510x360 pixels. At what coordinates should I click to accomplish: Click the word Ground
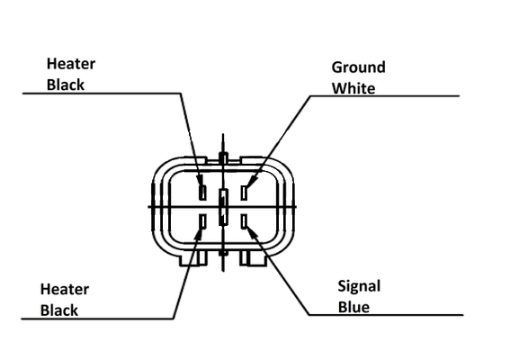[358, 67]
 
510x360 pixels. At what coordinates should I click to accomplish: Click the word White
[353, 88]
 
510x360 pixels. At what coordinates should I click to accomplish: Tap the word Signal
[359, 287]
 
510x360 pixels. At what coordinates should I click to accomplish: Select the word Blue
[353, 307]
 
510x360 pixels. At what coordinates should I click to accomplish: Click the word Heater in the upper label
[71, 64]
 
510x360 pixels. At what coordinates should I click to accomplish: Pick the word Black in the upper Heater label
[66, 85]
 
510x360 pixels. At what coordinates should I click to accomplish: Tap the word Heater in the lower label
[65, 290]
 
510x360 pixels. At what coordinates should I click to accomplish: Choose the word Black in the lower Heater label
[59, 310]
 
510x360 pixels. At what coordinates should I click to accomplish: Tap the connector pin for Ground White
[244, 193]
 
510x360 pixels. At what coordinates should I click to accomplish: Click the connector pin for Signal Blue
[245, 221]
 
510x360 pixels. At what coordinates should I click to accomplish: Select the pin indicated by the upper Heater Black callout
[202, 193]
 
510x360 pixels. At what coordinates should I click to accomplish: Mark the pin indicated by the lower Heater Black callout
[202, 221]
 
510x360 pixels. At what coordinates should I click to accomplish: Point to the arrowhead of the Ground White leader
[252, 181]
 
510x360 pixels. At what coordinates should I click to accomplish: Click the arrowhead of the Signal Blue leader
[253, 230]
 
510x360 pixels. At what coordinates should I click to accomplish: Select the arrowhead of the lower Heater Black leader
[198, 234]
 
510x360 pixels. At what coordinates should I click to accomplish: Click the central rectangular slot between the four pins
[223, 207]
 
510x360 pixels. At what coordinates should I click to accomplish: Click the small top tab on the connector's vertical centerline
[223, 157]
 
